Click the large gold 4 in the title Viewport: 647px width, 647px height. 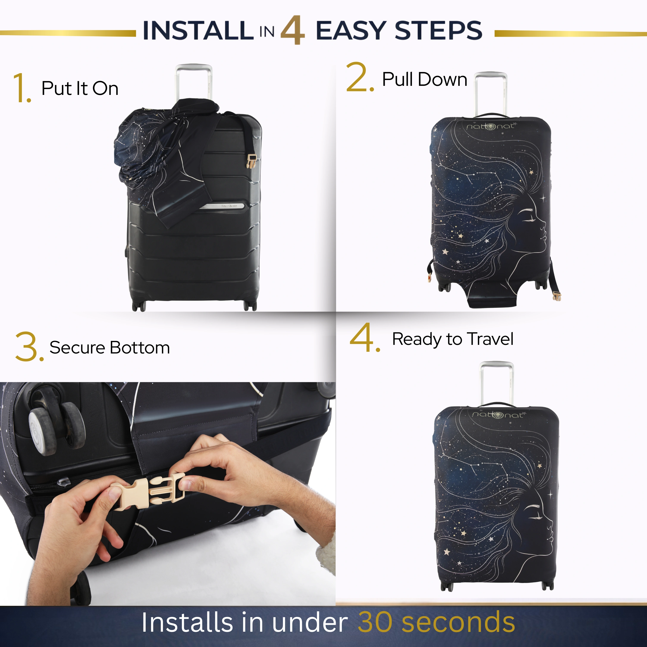(292, 30)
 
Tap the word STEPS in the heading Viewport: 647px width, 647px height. (439, 30)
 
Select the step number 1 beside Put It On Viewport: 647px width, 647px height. (22, 88)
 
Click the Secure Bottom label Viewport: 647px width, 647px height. (110, 348)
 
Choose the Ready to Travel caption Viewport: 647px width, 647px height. (452, 339)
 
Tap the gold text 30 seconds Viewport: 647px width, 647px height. (436, 622)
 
